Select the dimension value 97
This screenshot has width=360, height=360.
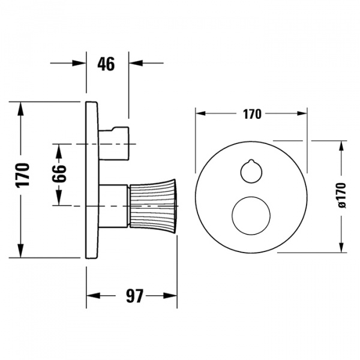tap(133, 295)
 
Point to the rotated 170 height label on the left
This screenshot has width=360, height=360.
tap(22, 175)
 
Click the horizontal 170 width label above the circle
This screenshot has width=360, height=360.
tap(252, 114)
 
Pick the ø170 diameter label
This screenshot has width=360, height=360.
tap(342, 196)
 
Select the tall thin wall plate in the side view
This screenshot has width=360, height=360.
tap(91, 180)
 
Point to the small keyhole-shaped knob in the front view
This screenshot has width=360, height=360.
tap(251, 170)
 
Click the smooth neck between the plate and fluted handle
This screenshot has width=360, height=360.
tap(113, 205)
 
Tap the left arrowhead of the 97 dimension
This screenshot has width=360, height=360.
tap(91, 295)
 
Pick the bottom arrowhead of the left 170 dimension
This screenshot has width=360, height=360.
tap(22, 253)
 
